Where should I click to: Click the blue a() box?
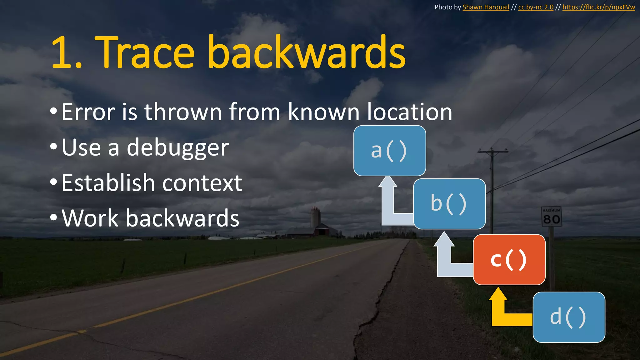coord(390,151)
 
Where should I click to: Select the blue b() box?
coord(449,204)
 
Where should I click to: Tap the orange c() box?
coord(509,259)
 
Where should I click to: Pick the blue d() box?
coord(569,317)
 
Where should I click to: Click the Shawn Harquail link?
coord(486,7)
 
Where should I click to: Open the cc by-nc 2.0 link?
coord(536,7)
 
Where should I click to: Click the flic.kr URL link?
coord(598,7)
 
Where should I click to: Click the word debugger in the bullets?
coord(178,147)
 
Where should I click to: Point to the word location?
coord(409,112)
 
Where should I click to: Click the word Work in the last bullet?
coord(90,218)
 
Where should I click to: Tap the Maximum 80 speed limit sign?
coord(551,216)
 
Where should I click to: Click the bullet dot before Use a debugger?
coord(53,146)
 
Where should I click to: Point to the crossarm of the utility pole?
coord(493,152)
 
